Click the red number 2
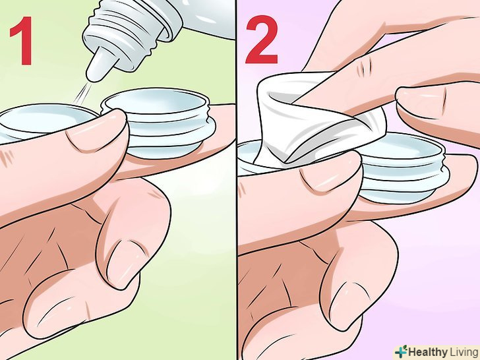(261, 39)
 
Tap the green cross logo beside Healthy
(402, 351)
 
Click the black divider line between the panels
(236, 180)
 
